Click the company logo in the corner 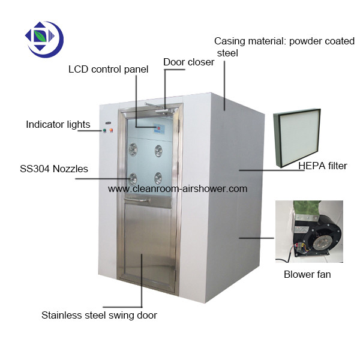coord(44,39)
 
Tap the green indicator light coord(104,131)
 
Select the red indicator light coord(112,131)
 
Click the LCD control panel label coord(109,70)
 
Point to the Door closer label coord(189,62)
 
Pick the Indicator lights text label coord(58,124)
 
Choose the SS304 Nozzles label coord(54,169)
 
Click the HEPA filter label coord(323,166)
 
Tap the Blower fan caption coord(307,274)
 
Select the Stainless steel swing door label coord(99,315)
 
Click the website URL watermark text coord(178,189)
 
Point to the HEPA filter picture coord(297,138)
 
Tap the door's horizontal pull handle coord(137,200)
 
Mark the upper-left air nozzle coord(133,149)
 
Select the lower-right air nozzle coord(158,178)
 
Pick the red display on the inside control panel coord(158,128)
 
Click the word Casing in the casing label coord(230,41)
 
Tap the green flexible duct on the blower coord(307,209)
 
